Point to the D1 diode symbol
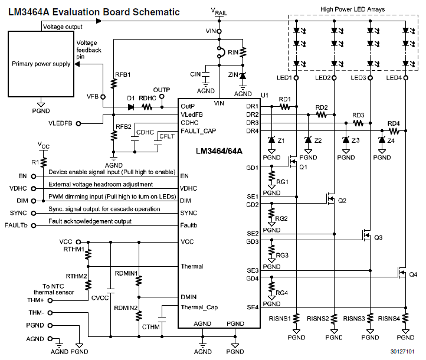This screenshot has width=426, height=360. pos(130,107)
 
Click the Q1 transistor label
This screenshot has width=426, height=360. pos(304,167)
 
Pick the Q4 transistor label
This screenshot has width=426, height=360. pos(413,274)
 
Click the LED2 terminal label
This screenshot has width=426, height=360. pos(323,78)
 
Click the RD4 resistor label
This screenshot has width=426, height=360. pos(394,123)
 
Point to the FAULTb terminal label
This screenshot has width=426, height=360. pos(15,225)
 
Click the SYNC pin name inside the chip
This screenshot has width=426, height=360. pos(189,212)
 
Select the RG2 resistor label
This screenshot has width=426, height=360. pos(281,218)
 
